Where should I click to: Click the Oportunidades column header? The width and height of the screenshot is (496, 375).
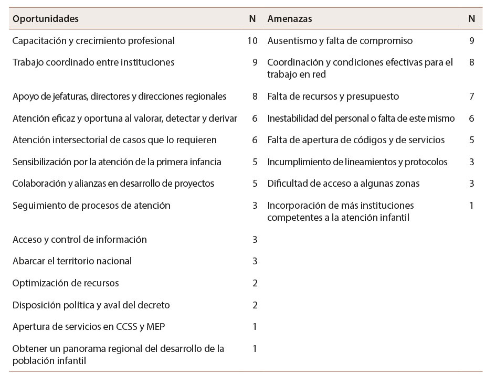point(46,19)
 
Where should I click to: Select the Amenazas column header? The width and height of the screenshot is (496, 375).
point(290,19)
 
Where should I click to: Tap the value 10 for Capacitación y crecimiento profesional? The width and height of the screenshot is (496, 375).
point(252,41)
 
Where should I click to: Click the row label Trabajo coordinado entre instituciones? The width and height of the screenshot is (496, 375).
point(93,62)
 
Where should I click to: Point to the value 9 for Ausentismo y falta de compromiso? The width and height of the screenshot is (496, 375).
point(471,41)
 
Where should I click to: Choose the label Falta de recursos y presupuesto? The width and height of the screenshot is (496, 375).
point(333,97)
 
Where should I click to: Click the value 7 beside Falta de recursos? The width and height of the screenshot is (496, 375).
point(471,97)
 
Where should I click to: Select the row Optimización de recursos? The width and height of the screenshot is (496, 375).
point(66,283)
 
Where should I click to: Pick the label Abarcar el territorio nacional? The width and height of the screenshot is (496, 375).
point(72,261)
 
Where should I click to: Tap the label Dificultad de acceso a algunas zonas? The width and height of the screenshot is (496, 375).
point(343,184)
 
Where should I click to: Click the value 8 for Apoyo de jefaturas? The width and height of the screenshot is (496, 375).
point(255,97)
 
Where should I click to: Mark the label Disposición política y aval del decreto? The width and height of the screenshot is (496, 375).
point(91,305)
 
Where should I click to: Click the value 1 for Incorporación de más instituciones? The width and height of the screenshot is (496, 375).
point(471,206)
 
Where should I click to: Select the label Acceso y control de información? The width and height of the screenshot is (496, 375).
point(79,240)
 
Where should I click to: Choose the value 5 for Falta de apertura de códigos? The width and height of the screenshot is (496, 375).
point(471,140)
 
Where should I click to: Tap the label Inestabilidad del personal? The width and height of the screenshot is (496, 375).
point(361,119)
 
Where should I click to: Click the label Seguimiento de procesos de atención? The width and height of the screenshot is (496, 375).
point(91,206)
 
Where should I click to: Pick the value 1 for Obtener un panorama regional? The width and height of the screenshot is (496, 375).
point(255,349)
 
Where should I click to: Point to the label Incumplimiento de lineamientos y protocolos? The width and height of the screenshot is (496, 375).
point(357,162)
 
